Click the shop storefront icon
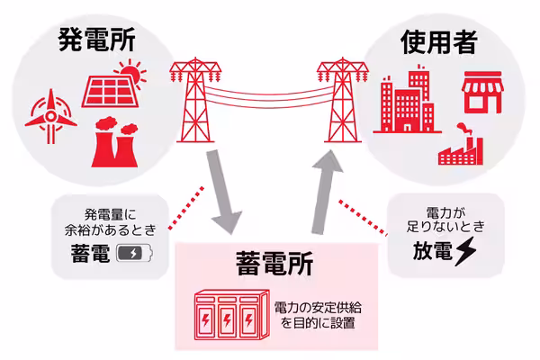(481, 94)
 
